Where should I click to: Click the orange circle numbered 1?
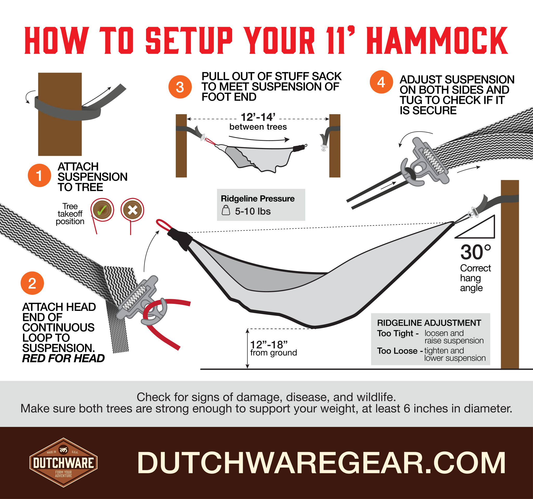pyautogui.click(x=39, y=175)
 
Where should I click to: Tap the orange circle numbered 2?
pyautogui.click(x=32, y=283)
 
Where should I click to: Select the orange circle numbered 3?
pyautogui.click(x=180, y=87)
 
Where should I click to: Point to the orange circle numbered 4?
pyautogui.click(x=381, y=82)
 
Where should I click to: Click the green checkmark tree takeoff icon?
pyautogui.click(x=102, y=210)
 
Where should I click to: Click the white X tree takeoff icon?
pyautogui.click(x=132, y=210)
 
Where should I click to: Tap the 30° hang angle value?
pyautogui.click(x=475, y=252)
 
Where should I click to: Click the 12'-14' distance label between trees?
pyautogui.click(x=258, y=117)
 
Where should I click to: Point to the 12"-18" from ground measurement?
pyautogui.click(x=269, y=345)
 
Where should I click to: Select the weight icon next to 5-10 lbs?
pyautogui.click(x=226, y=210)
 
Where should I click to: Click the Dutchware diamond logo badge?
pyautogui.click(x=64, y=463)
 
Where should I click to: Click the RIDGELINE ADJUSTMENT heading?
pyautogui.click(x=429, y=323)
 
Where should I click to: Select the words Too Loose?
pyautogui.click(x=397, y=351)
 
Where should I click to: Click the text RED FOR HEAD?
pyautogui.click(x=63, y=358)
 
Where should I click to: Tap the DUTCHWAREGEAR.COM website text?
pyautogui.click(x=321, y=463)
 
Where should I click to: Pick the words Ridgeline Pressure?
pyautogui.click(x=257, y=199)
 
